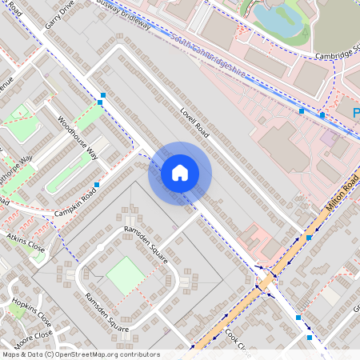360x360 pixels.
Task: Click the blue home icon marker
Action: click(180, 173)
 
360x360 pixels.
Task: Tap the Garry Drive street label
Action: click(59, 14)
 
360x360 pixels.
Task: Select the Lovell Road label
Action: click(194, 123)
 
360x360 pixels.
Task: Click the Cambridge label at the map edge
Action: click(336, 54)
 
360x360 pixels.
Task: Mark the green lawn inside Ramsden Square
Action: click(126, 274)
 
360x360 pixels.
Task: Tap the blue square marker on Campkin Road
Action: click(97, 185)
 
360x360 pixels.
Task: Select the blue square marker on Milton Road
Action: click(309, 238)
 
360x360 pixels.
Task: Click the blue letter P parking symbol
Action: click(356, 113)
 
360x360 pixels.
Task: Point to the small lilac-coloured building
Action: click(329, 138)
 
